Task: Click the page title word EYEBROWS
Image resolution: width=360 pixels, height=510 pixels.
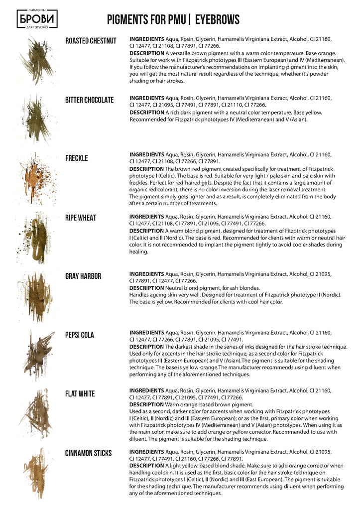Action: [217, 20]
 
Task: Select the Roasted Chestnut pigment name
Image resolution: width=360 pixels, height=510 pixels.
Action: [91, 41]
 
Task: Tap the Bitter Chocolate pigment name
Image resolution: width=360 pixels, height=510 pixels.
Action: [89, 100]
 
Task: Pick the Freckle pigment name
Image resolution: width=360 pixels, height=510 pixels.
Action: [76, 158]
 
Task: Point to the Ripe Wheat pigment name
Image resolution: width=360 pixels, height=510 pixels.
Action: [81, 218]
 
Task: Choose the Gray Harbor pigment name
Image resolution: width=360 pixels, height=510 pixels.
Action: [83, 276]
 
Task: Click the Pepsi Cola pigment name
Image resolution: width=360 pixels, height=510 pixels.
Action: [80, 335]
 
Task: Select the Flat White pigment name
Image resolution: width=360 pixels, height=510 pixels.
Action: [80, 394]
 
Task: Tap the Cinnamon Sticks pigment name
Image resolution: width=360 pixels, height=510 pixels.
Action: [88, 453]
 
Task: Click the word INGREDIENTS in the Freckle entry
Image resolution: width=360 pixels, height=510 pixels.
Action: [146, 155]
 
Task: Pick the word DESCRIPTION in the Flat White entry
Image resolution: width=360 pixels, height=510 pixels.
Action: [146, 404]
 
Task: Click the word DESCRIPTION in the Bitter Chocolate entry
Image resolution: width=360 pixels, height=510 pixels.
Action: [146, 113]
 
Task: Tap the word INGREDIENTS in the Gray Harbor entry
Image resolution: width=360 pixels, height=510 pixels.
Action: [146, 274]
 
